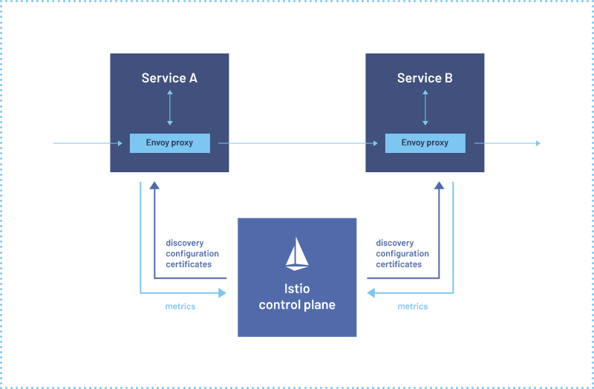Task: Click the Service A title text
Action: (169, 78)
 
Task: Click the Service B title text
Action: (425, 78)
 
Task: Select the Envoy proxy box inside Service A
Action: (169, 143)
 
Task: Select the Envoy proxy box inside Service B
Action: (425, 143)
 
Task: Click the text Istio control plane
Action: (297, 296)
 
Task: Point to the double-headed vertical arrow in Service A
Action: (169, 108)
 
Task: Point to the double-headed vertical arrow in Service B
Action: (425, 108)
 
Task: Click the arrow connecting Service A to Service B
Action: (297, 143)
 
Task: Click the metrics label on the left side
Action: (180, 307)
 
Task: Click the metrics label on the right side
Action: (413, 307)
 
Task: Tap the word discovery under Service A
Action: (185, 243)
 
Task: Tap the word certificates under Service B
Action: (399, 264)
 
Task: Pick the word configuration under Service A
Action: (192, 254)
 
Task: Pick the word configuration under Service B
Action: (402, 254)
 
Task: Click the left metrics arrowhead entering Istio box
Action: (222, 293)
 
